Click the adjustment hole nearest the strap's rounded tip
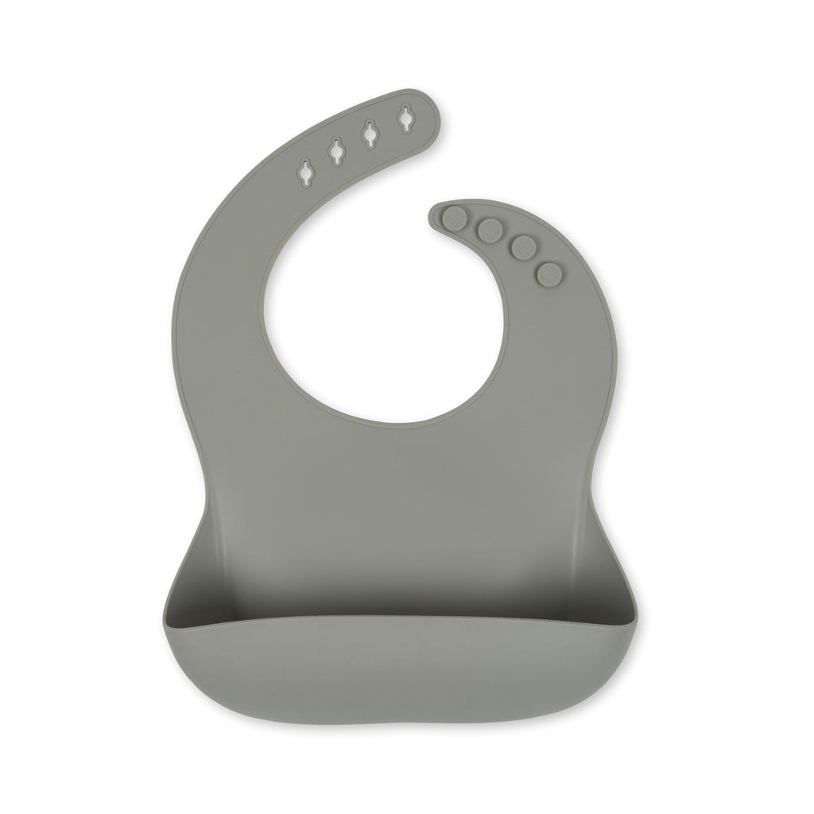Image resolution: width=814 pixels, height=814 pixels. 406,119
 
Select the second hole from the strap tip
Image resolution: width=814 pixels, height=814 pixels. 370,134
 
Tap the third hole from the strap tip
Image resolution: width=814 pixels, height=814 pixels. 336,151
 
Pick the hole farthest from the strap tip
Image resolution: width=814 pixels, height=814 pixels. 305,172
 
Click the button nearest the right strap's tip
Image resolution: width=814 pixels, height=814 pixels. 455,217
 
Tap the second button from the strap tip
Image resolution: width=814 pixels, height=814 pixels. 489,231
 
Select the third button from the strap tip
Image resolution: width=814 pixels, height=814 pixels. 521,249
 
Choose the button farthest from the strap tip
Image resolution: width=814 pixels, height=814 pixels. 548,275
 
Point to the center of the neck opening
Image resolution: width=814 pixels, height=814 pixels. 384,318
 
